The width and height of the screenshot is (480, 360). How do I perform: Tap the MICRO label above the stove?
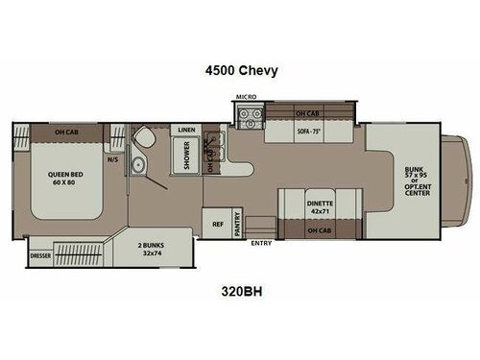click(245, 98)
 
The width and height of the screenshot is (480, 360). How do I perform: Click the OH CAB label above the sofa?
click(307, 111)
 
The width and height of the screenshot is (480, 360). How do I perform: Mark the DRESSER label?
click(40, 255)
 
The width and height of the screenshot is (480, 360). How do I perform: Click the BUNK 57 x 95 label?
click(419, 179)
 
